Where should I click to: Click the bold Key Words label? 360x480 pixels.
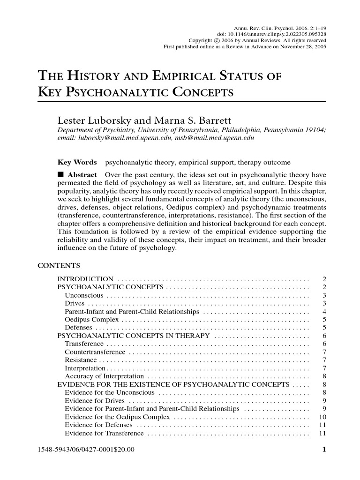point(77,163)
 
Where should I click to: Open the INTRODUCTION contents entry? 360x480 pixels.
point(85,279)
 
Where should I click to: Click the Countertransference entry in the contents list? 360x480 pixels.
point(95,352)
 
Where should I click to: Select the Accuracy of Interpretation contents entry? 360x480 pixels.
point(104,376)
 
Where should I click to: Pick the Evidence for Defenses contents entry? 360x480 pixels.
point(98,425)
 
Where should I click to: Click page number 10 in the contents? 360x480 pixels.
point(322,417)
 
